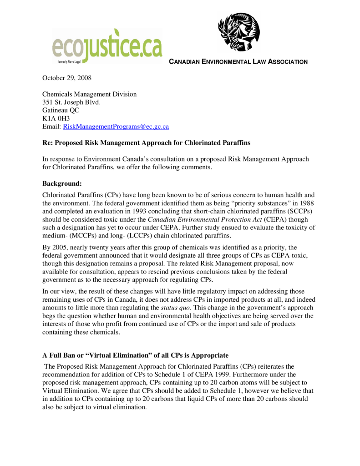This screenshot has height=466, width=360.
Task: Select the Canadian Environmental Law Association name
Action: point(238,62)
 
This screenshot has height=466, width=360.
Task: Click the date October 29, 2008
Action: point(67,78)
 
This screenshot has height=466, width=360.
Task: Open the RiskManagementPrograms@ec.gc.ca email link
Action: point(116,127)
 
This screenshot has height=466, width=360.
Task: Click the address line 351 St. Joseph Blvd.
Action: point(71,102)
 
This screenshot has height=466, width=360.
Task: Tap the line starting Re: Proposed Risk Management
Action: point(147,142)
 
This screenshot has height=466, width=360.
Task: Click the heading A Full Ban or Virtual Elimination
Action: point(136,355)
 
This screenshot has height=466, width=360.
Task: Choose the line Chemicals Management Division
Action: point(90,94)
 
